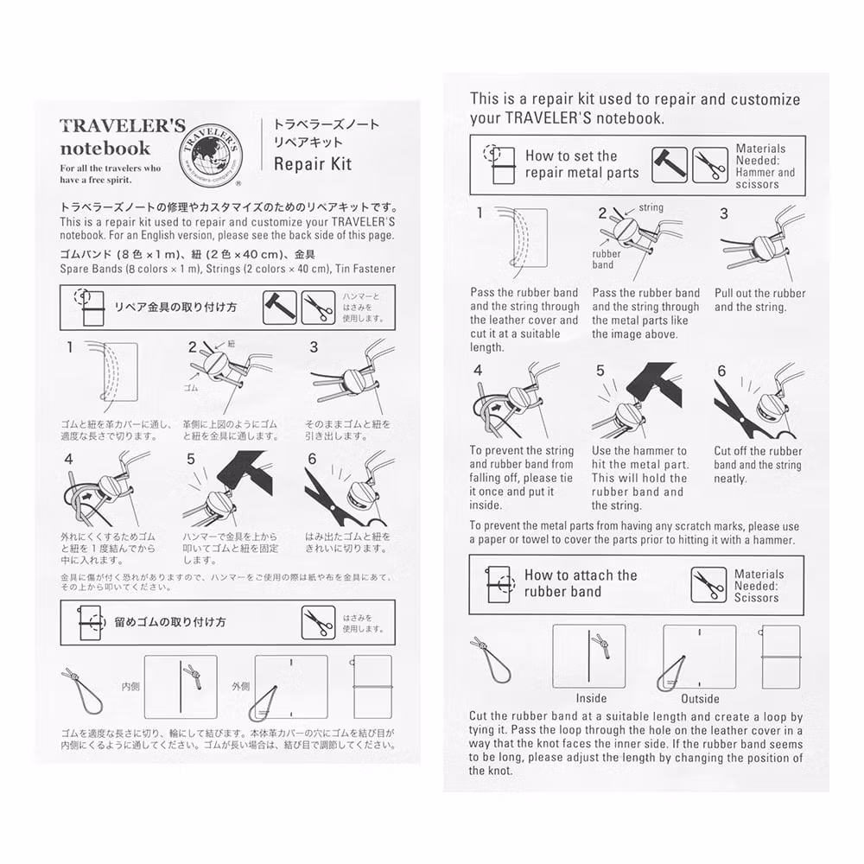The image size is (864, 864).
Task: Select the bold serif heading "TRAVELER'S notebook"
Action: click(x=121, y=137)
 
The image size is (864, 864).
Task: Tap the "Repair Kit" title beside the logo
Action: click(x=313, y=163)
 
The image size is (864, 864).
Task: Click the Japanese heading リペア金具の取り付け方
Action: click(x=176, y=308)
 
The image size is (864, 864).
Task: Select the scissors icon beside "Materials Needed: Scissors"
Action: click(x=708, y=585)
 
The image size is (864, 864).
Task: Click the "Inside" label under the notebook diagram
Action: click(x=591, y=698)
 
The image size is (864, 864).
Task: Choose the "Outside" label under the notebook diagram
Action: click(x=700, y=698)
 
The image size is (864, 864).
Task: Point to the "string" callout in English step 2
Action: click(x=651, y=208)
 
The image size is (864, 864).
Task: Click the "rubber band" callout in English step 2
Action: click(x=606, y=259)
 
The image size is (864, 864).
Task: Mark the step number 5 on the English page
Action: click(x=600, y=371)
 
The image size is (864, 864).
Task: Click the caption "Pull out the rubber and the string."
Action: click(x=759, y=300)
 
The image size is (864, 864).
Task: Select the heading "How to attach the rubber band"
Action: click(x=580, y=583)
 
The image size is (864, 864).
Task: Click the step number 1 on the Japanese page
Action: click(x=69, y=348)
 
